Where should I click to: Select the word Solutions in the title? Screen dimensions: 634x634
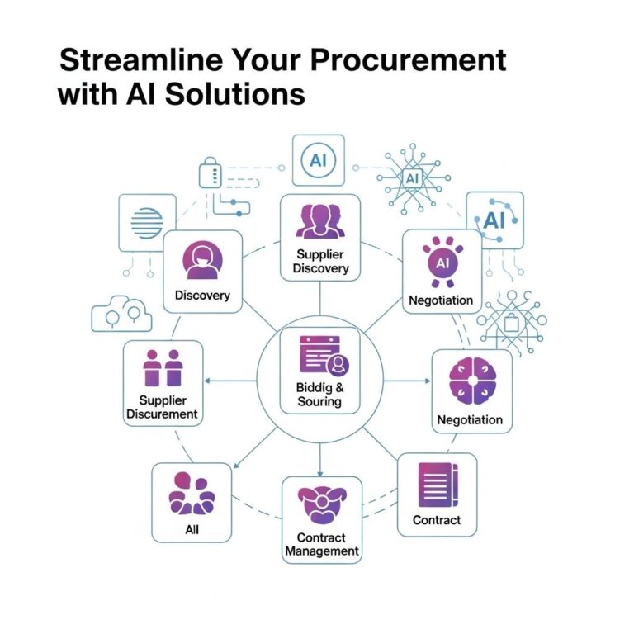tap(235, 94)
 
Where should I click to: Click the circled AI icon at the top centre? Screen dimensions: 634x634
tap(318, 160)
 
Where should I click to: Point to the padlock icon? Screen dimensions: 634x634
tap(211, 173)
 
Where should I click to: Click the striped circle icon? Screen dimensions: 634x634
tap(147, 223)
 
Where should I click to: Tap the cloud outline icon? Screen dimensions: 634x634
tap(121, 315)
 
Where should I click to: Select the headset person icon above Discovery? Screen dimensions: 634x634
tap(202, 260)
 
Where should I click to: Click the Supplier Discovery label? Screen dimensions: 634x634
tap(320, 261)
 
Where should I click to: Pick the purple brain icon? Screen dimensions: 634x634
tap(473, 381)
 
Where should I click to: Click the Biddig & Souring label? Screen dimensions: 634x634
tap(319, 395)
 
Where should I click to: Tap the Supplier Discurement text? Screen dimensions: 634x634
tap(162, 407)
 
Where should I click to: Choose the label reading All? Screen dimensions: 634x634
tap(192, 529)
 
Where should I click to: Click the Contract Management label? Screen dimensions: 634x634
tap(322, 544)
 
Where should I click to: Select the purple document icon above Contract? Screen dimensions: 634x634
tap(438, 485)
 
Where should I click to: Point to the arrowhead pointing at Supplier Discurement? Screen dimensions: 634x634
tap(207, 381)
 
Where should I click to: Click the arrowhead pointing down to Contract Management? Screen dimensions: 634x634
tap(320, 474)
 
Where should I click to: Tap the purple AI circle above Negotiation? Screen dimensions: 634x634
tap(442, 263)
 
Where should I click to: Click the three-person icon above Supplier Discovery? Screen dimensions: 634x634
tap(320, 221)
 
